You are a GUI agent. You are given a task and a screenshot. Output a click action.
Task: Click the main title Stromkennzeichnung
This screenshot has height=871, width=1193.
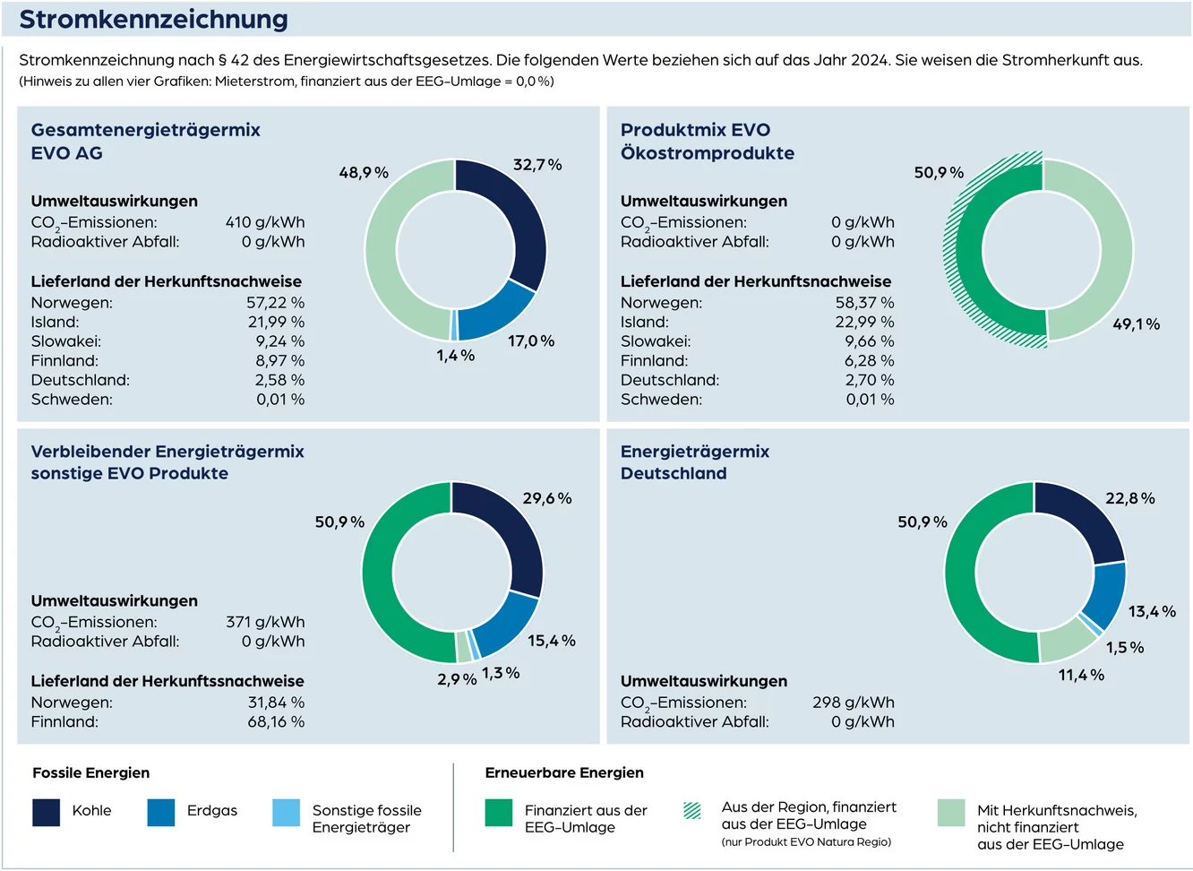point(153,19)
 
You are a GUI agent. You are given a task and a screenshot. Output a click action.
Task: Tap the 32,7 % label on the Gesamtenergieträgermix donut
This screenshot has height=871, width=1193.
point(537,165)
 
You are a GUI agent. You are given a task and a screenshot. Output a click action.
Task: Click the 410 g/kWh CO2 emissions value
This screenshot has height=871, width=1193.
point(264,222)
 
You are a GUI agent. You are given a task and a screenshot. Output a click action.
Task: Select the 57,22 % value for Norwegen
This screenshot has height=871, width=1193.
point(275,303)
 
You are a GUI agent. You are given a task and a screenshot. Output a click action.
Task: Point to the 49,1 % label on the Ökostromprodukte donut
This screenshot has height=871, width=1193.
point(1136,324)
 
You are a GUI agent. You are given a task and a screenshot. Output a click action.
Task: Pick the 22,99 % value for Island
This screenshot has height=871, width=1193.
point(864,322)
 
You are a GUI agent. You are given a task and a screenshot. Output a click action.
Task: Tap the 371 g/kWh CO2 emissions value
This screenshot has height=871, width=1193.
point(265,622)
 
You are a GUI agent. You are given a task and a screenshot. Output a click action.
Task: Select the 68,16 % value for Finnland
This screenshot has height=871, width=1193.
point(276,721)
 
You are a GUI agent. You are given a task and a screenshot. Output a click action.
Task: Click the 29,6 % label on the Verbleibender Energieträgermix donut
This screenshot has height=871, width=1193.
point(547,498)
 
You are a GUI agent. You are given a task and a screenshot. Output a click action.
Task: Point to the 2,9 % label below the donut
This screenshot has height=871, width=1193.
point(457,679)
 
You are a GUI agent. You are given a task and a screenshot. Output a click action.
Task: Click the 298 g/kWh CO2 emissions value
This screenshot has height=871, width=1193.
point(854,703)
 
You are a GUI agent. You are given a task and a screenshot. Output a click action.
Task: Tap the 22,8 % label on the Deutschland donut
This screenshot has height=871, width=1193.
point(1129,498)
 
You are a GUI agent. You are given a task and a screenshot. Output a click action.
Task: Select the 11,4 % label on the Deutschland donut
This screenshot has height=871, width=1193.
point(1081,675)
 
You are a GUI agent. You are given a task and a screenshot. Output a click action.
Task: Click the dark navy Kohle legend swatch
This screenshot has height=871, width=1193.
point(47,812)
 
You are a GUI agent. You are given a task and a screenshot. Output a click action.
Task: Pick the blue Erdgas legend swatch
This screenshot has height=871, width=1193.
point(161,812)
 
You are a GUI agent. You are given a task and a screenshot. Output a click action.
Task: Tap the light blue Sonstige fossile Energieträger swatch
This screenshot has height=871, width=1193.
point(287,812)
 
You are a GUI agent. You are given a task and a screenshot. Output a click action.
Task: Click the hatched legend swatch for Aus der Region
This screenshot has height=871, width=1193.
point(692,811)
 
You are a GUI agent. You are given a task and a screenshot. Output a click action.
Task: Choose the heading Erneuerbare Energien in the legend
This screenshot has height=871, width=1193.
point(564,772)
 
